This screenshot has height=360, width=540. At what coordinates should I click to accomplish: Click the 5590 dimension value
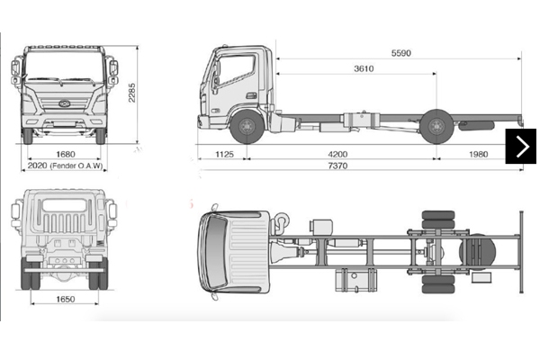(400, 53)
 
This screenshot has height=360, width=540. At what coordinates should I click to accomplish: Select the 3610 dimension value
(364, 68)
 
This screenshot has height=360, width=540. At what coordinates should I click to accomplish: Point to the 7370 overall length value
(337, 167)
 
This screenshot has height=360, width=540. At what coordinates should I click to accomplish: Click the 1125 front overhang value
(224, 155)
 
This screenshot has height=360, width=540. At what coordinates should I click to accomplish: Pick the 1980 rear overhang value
(478, 155)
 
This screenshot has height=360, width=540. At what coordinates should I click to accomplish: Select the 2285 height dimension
(132, 92)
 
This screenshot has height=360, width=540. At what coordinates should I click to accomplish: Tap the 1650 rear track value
(64, 297)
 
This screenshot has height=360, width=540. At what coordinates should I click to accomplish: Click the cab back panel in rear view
(64, 225)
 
